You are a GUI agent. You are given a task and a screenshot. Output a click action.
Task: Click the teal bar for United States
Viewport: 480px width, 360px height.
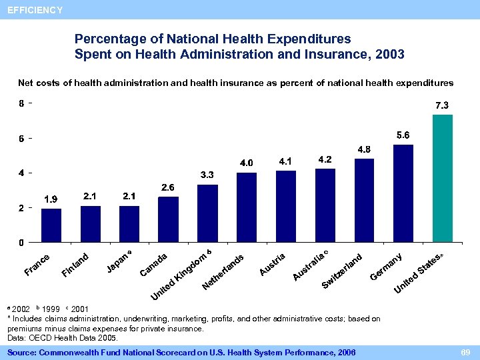pyautogui.click(x=443, y=178)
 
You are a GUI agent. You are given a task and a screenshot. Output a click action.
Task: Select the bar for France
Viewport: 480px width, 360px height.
pyautogui.click(x=51, y=225)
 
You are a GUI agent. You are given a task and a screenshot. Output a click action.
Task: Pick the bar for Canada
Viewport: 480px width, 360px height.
pyautogui.click(x=169, y=219)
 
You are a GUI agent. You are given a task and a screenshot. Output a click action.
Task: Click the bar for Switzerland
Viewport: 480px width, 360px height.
pyautogui.click(x=364, y=200)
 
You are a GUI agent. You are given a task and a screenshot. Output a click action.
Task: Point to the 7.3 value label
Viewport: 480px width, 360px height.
pyautogui.click(x=442, y=105)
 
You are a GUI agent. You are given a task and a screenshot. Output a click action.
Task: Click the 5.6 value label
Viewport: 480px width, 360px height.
pyautogui.click(x=403, y=135)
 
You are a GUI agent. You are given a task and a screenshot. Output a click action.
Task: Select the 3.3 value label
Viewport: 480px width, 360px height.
pyautogui.click(x=207, y=175)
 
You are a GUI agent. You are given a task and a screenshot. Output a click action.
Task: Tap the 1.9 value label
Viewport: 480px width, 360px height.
pyautogui.click(x=51, y=199)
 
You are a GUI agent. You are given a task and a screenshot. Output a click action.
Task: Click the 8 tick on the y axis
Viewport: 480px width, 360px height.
pyautogui.click(x=21, y=104)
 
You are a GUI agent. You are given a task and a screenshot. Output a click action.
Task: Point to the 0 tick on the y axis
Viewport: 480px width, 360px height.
pyautogui.click(x=21, y=242)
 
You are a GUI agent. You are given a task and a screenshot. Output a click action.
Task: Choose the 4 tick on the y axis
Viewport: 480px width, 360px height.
pyautogui.click(x=21, y=173)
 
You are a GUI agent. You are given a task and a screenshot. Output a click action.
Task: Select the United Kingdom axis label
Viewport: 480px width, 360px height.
pyautogui.click(x=180, y=275)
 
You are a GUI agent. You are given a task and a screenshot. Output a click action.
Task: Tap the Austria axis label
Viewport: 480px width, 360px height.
pyautogui.click(x=273, y=264)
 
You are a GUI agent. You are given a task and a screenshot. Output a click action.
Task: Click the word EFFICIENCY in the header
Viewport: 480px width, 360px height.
pyautogui.click(x=35, y=10)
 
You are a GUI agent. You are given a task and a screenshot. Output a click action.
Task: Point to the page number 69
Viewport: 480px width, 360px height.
pyautogui.click(x=465, y=351)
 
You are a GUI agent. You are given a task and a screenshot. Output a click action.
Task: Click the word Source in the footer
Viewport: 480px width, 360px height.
pyautogui.click(x=23, y=351)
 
